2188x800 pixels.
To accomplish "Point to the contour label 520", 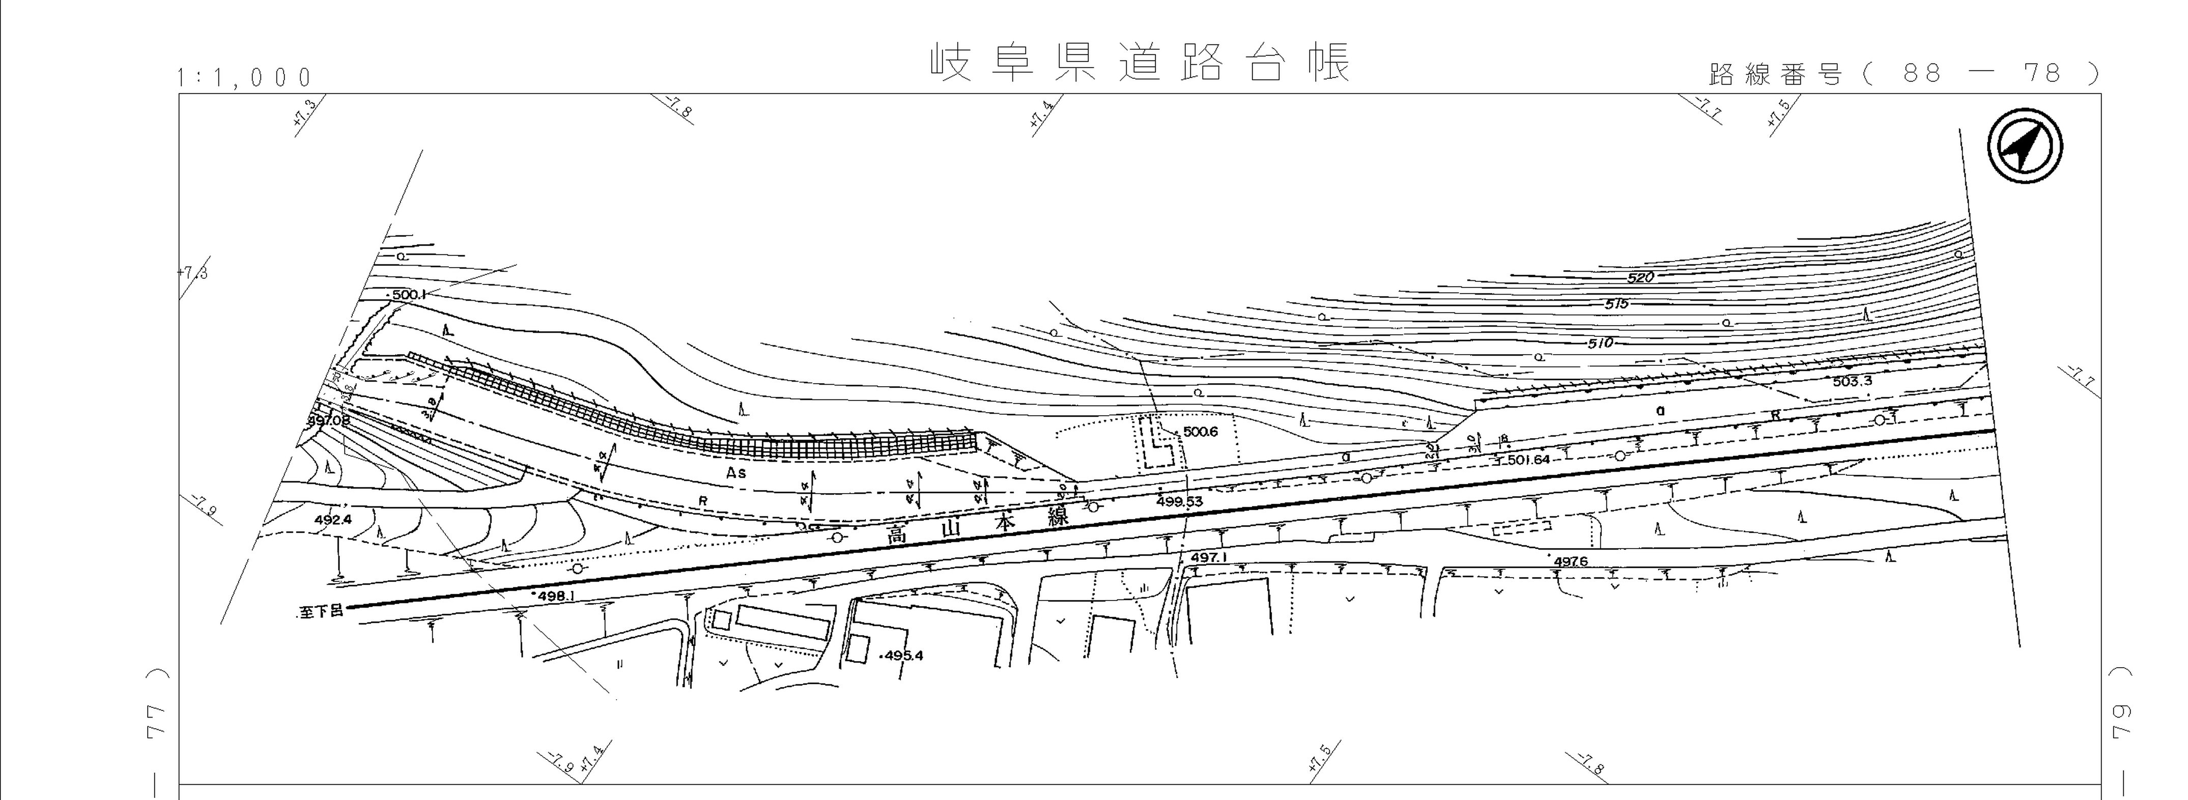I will [x=1641, y=278].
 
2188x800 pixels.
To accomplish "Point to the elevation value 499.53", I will [x=1180, y=502].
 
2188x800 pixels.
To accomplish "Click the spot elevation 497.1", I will [x=1209, y=558].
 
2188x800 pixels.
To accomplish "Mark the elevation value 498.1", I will [x=557, y=596].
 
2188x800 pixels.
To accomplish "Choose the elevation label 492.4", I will [x=332, y=520].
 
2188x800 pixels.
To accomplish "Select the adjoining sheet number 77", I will [x=157, y=722].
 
